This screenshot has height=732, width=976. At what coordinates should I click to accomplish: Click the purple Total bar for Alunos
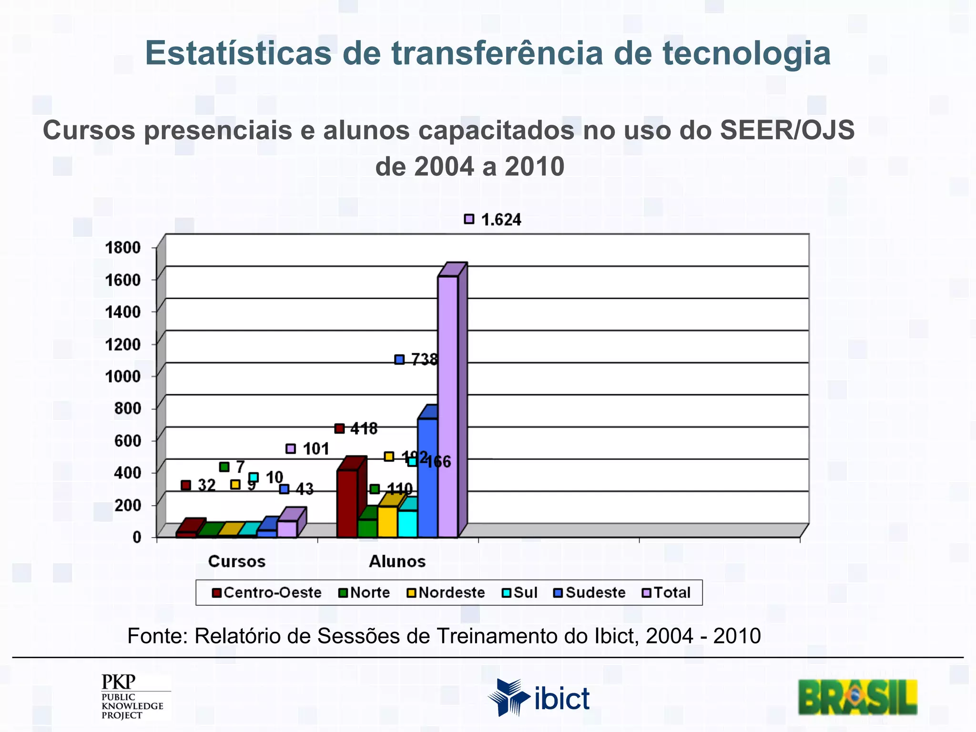click(448, 405)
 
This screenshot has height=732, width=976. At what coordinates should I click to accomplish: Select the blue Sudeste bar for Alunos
click(427, 477)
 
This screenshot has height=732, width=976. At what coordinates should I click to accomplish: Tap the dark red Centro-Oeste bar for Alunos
click(347, 503)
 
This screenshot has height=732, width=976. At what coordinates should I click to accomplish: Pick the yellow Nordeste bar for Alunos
click(387, 522)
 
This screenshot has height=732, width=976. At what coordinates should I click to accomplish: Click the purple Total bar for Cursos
click(287, 529)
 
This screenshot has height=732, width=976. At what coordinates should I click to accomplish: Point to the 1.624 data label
click(500, 220)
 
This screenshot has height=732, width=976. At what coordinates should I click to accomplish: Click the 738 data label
click(424, 359)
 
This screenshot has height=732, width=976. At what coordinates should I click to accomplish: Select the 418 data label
click(364, 429)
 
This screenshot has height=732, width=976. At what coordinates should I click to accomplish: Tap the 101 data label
click(315, 449)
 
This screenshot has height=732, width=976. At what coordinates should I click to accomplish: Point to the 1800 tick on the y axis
click(123, 248)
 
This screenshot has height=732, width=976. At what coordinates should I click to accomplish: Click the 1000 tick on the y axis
click(123, 376)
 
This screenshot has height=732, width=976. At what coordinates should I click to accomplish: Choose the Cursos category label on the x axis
click(237, 561)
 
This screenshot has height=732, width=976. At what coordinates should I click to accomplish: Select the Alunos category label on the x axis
click(397, 561)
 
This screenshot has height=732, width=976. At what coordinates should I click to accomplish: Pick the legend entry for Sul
click(525, 593)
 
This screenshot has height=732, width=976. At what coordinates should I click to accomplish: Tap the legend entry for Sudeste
click(595, 593)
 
